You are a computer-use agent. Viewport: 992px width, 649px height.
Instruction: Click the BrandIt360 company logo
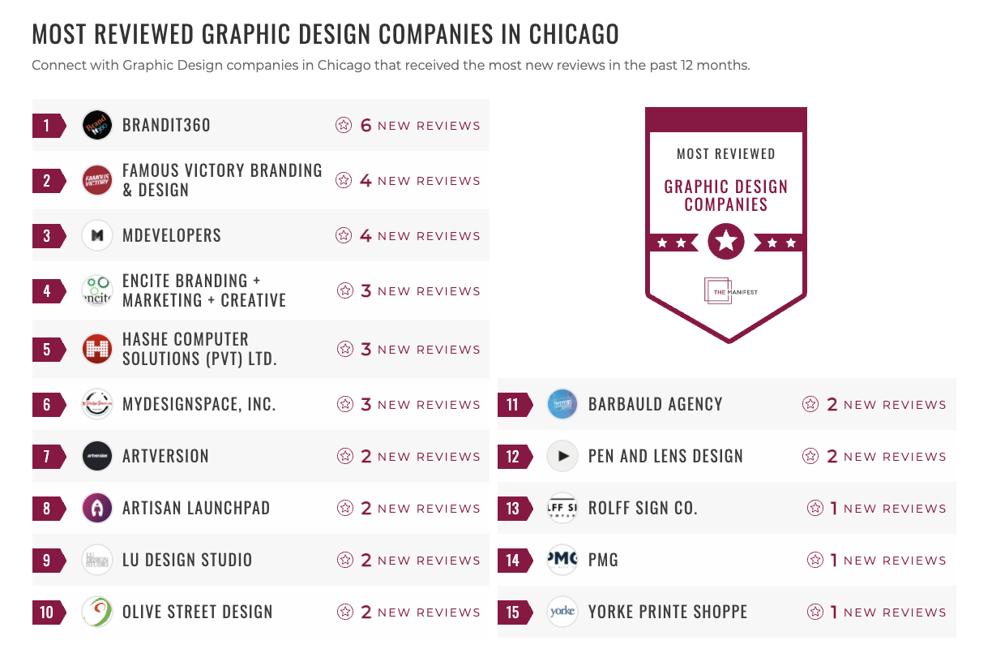pos(97,125)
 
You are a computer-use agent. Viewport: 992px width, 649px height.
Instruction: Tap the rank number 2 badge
pos(47,180)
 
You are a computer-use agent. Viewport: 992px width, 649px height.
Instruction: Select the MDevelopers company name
pos(171,235)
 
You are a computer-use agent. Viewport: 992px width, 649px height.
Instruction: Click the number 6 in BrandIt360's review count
pos(366,125)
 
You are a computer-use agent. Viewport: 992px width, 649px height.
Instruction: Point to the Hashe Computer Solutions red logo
pos(97,349)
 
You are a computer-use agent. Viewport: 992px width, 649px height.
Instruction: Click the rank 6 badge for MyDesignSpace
pos(47,404)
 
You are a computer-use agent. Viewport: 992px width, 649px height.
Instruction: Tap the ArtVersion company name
pos(165,456)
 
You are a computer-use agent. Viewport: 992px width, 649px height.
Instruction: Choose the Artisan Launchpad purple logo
pos(97,508)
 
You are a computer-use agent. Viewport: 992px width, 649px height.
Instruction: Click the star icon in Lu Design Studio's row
pos(345,560)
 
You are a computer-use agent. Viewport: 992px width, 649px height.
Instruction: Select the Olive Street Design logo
pos(97,612)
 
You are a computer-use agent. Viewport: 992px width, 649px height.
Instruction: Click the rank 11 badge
pos(512,404)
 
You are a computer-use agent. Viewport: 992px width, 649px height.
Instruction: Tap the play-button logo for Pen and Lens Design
pos(562,456)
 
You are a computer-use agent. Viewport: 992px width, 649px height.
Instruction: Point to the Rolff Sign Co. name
pos(643,508)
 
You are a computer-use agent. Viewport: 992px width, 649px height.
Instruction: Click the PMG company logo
pos(562,560)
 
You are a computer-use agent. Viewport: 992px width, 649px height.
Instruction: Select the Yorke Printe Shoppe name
pos(668,612)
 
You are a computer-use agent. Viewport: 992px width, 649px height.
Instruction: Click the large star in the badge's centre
pos(726,241)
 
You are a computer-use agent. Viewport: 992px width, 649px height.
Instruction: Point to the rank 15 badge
pos(512,612)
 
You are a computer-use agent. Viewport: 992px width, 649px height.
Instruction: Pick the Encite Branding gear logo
pos(97,290)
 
